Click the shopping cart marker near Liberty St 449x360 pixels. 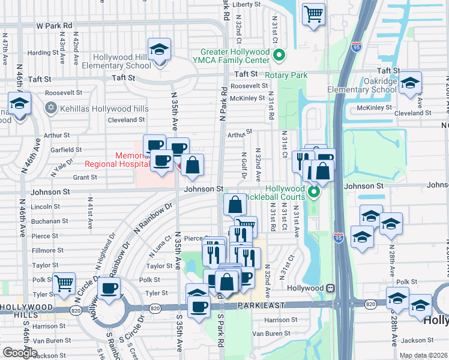313,14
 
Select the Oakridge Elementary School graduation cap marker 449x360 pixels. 411,84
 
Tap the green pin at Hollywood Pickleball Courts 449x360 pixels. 314,193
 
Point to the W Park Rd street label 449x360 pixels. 54,26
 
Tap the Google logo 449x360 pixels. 20,353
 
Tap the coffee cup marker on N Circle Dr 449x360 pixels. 109,289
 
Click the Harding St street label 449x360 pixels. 42,53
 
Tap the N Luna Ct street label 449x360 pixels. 158,246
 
